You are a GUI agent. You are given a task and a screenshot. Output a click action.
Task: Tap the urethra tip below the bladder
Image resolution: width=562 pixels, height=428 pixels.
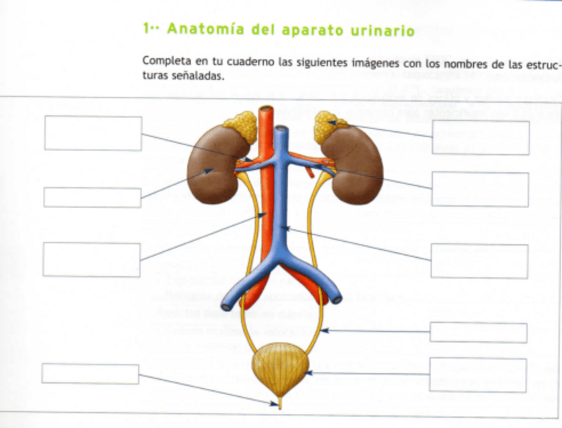coord(280,405)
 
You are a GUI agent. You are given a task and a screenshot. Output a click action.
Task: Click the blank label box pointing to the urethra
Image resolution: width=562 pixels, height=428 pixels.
coord(90,374)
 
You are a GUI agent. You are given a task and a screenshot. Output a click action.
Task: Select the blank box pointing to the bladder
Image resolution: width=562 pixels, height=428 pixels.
coord(478,374)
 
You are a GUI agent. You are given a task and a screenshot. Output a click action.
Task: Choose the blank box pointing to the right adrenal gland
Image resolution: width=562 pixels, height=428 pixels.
coord(480,137)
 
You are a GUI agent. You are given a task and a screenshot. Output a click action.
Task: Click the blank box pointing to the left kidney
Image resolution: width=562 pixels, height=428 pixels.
coord(92,197)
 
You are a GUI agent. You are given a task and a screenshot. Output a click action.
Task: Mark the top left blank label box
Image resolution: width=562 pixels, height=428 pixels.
coord(93,133)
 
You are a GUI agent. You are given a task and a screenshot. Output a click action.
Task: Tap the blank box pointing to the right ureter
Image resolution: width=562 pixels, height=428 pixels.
coord(478,332)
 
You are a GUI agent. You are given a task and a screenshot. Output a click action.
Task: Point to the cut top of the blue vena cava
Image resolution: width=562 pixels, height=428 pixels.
coord(281,130)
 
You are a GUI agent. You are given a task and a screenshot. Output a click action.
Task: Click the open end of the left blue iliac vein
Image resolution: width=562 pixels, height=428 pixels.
coord(227,305)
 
